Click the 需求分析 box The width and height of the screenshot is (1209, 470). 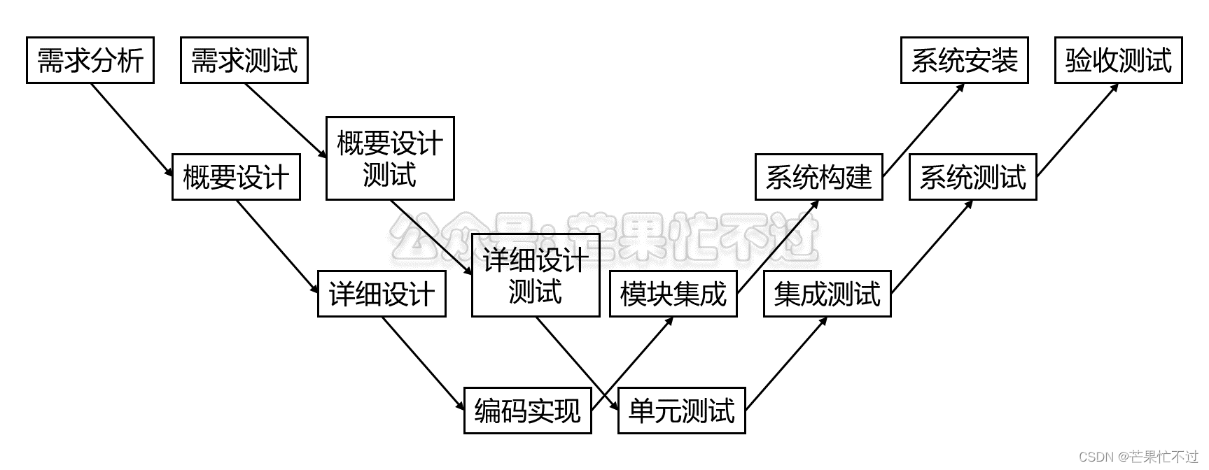click(90, 61)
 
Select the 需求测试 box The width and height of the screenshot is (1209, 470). click(244, 61)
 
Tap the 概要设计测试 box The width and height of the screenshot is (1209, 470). click(390, 159)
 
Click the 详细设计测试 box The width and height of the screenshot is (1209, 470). click(536, 276)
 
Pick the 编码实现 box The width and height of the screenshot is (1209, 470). click(528, 411)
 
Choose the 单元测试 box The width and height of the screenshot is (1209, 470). click(682, 411)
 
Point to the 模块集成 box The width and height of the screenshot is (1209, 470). click(673, 294)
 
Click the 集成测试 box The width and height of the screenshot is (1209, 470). click(827, 294)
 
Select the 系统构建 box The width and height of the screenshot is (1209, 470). click(818, 177)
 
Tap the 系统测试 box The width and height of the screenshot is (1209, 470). click(972, 177)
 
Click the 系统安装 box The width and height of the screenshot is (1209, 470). click(964, 61)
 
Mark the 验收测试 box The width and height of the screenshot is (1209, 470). click(1118, 61)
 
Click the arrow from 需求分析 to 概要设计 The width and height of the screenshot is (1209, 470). click(132, 129)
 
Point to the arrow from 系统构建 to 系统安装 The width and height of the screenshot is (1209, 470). click(923, 130)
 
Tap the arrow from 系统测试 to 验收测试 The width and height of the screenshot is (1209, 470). click(1077, 130)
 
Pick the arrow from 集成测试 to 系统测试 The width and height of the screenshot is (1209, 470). click(932, 247)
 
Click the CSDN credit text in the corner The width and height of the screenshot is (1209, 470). click(1138, 457)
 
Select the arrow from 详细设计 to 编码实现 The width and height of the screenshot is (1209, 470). click(423, 363)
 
